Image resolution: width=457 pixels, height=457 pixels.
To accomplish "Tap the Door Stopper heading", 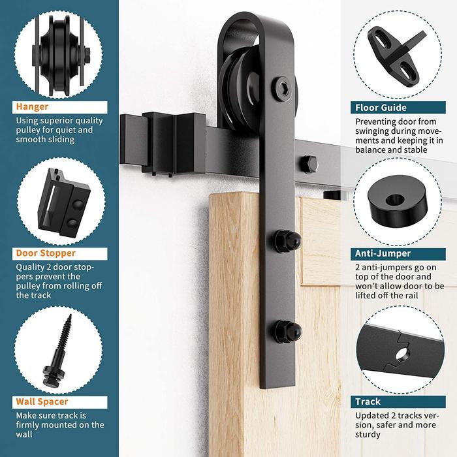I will pos(46,253).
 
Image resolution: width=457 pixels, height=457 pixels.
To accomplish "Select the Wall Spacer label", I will pos(42,402).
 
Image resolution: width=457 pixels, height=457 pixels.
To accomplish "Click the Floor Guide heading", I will pos(381,108).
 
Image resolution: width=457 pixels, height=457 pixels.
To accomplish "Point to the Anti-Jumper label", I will pos(383,253).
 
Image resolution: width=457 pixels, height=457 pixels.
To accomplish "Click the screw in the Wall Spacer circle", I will pos(59,345).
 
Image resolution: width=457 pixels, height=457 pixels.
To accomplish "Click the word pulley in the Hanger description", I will pos(29,130).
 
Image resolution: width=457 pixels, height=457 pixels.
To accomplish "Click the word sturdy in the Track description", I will pos(370,435).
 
